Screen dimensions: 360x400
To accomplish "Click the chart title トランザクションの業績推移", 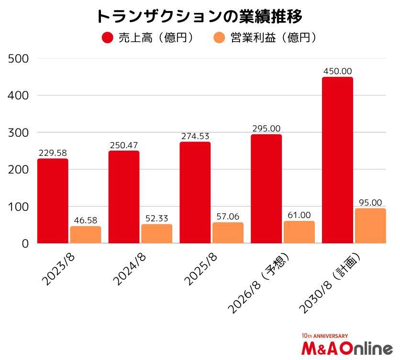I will point(199,16).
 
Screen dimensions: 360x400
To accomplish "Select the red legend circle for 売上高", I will point(108,38).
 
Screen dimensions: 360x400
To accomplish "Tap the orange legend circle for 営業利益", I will point(219,38).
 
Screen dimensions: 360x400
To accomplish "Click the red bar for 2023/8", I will point(53,201).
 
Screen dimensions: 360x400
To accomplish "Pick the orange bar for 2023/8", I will point(86,235).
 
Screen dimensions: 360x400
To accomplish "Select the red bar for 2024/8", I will point(124,197).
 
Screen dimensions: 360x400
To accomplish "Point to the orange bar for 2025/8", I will point(228,233).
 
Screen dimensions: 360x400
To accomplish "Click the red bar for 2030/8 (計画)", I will point(337,160).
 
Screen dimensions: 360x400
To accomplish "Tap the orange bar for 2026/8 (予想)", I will point(299,232).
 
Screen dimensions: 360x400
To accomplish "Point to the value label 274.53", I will point(195,136).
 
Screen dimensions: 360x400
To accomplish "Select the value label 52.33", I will point(156,218).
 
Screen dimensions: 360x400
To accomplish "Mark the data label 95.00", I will point(370,202).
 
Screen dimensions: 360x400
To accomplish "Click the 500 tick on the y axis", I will point(19,59).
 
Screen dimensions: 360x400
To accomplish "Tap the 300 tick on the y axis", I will point(19,132).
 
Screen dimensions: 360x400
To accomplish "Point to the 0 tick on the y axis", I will point(25,244).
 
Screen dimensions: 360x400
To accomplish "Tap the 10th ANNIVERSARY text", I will point(325,336).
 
